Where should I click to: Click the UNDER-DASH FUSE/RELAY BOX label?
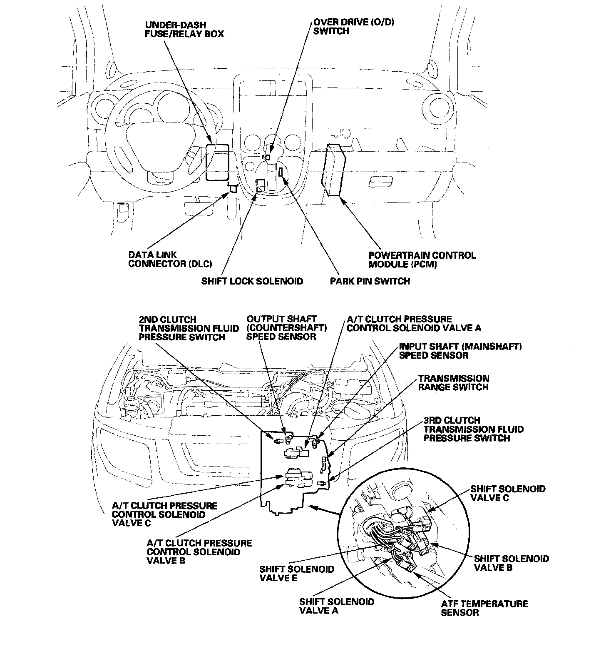tap(184, 29)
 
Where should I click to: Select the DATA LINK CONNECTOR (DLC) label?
tap(170, 259)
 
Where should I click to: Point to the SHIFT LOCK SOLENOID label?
tap(252, 281)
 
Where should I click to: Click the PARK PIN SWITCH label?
tap(370, 281)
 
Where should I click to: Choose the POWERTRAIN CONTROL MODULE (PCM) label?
tap(422, 259)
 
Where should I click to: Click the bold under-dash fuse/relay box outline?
tap(217, 162)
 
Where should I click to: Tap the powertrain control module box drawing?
tap(334, 170)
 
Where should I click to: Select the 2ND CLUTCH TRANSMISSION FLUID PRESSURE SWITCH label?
tap(189, 328)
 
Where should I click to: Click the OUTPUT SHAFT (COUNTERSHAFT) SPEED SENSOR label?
tap(286, 328)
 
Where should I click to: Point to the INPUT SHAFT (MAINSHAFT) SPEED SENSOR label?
tap(460, 351)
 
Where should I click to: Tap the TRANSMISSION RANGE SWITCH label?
tap(453, 383)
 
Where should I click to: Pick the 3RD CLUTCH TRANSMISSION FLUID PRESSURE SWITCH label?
tap(473, 429)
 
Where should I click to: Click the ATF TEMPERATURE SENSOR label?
tap(484, 608)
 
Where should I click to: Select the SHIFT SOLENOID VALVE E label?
tap(296, 573)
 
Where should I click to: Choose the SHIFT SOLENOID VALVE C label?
tap(507, 493)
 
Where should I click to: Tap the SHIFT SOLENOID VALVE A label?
tap(336, 606)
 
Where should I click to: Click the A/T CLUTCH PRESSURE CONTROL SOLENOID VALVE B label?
tap(199, 552)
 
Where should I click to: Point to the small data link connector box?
tap(233, 188)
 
